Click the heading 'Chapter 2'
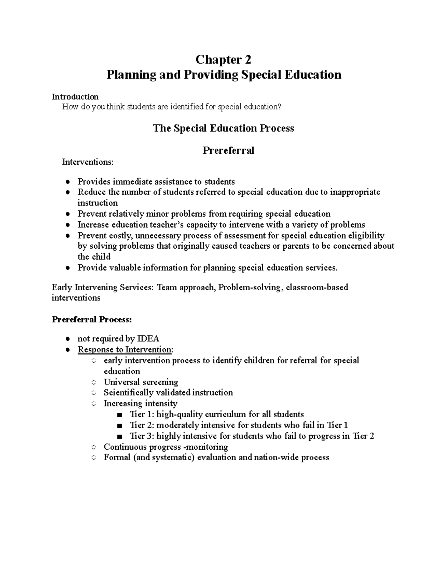[x=223, y=59]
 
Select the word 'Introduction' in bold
[x=75, y=97]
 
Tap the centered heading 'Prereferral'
[x=228, y=150]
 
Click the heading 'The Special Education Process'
[x=223, y=128]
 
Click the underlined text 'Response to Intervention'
[x=125, y=349]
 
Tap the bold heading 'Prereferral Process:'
[x=92, y=319]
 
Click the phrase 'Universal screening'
[x=141, y=382]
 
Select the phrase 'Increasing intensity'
[x=140, y=404]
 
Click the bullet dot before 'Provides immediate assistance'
[x=67, y=182]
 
